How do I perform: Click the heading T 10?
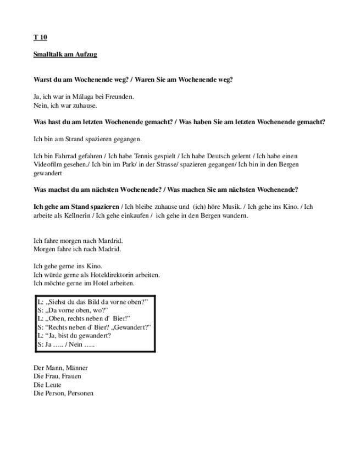(x=40, y=37)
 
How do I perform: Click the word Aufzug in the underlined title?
(x=86, y=54)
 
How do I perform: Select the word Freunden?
(x=119, y=97)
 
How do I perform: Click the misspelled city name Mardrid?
(x=110, y=241)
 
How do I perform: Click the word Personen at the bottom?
(x=80, y=393)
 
